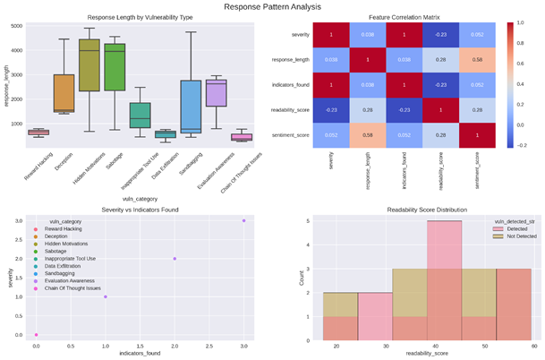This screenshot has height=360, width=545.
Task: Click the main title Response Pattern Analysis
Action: point(271,6)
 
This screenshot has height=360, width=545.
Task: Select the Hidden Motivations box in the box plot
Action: point(114,67)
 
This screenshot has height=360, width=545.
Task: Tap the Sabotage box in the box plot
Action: point(140,67)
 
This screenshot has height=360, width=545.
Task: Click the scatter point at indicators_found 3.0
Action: point(243,220)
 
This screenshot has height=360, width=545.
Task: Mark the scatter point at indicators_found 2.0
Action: point(175,259)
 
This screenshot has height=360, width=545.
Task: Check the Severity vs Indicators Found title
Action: point(139,209)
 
